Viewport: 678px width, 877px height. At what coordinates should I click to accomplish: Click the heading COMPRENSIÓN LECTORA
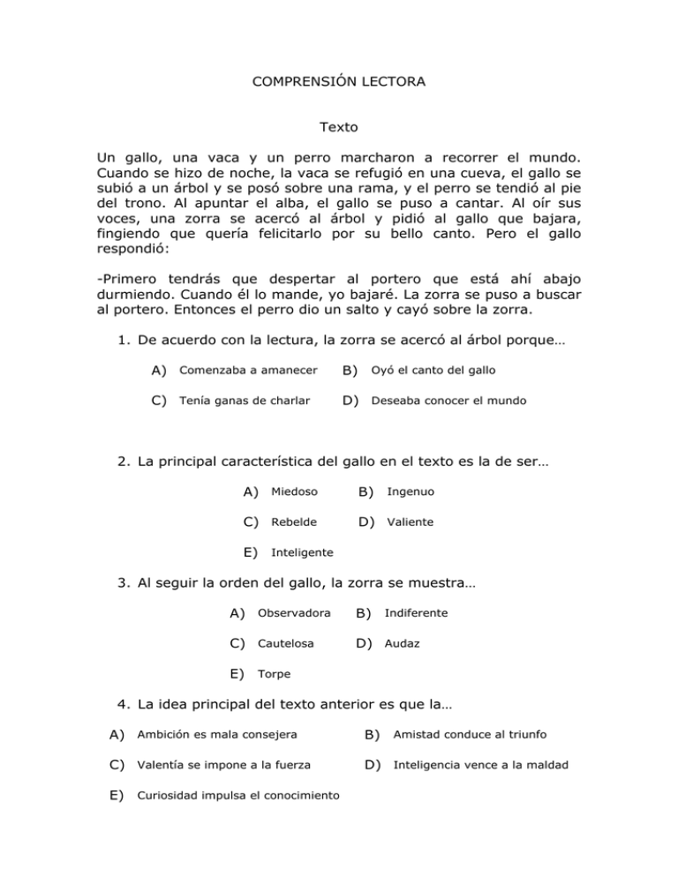click(x=338, y=82)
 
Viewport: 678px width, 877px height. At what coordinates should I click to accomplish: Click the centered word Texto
click(x=338, y=128)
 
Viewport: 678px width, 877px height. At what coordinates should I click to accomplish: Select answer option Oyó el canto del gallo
click(x=439, y=370)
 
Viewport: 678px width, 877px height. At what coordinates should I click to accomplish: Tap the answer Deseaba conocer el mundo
click(x=448, y=401)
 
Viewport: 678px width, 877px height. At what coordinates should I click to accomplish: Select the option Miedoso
click(x=294, y=491)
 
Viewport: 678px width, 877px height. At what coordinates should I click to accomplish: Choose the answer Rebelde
click(x=293, y=522)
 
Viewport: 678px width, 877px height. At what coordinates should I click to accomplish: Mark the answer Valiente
click(x=411, y=522)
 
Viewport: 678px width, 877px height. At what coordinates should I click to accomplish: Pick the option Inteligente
click(x=301, y=553)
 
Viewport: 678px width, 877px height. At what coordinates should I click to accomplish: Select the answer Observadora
click(x=294, y=613)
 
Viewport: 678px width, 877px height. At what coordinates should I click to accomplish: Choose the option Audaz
click(x=403, y=644)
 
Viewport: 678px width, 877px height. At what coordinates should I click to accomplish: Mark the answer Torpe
click(x=274, y=675)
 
